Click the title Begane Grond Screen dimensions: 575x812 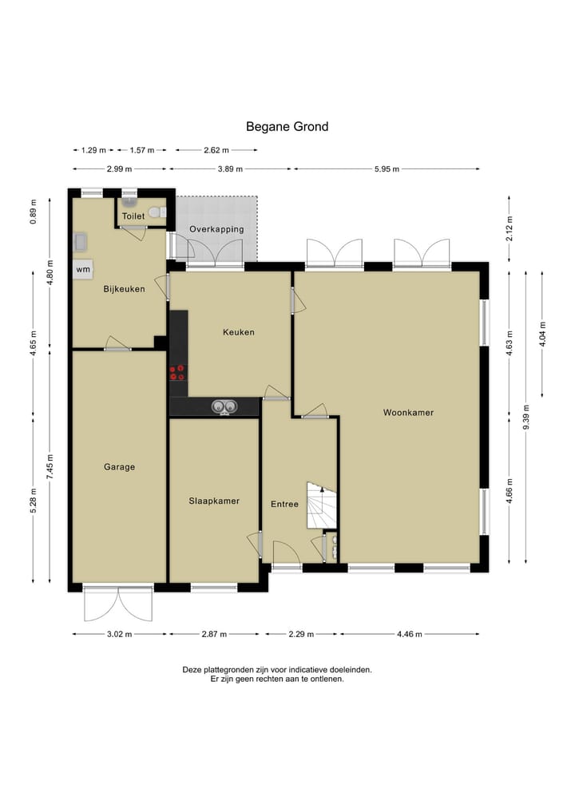coord(287,127)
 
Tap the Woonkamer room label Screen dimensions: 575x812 coord(408,413)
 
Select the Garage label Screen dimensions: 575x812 coord(119,467)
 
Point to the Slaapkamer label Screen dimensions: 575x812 coord(214,501)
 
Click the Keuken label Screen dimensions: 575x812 coord(238,332)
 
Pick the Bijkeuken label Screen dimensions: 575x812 coord(124,289)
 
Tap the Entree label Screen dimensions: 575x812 coord(284,504)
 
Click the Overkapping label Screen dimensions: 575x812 coord(216,229)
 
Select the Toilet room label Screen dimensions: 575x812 coord(133,216)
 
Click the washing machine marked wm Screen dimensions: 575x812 coord(83,269)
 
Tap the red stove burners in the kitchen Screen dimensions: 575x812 coord(177,372)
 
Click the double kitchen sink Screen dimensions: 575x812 coord(224,407)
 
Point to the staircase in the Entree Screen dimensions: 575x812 coord(322,505)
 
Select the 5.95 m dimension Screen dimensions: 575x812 coord(387,168)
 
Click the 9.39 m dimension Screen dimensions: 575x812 coord(525,417)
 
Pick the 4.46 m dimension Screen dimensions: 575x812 coord(409,634)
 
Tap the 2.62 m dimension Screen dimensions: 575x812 coord(216,150)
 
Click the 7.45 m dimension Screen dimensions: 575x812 coord(50,466)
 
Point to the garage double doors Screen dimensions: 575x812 coord(119,604)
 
